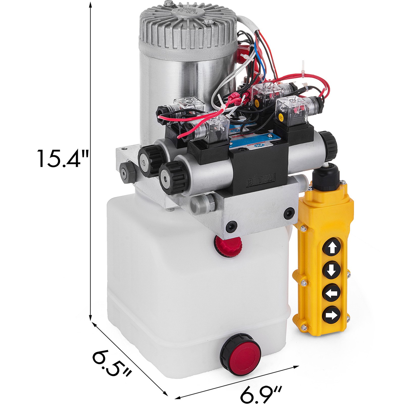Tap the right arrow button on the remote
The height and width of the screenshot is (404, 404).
pos(331,315)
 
